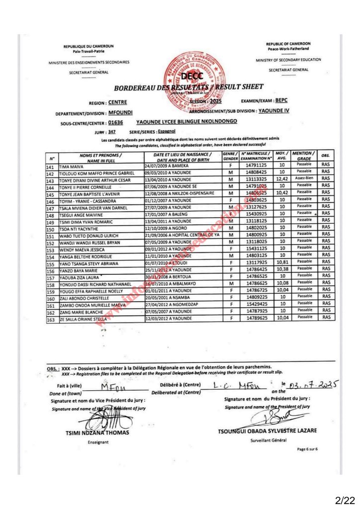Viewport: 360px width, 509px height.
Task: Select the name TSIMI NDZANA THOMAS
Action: click(x=97, y=432)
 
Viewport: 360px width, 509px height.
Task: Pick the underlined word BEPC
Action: click(x=281, y=100)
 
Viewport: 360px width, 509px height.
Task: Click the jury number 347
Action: click(x=112, y=132)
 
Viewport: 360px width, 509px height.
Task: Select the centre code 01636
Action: click(x=115, y=121)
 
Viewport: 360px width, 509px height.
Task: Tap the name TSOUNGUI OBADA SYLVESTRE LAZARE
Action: click(x=267, y=430)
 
